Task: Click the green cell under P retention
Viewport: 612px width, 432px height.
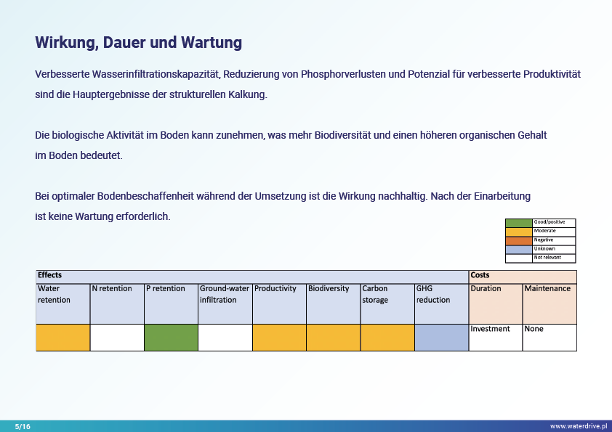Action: pos(171,338)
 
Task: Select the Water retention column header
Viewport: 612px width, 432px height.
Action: pos(63,303)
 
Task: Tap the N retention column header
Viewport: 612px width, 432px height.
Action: pos(117,303)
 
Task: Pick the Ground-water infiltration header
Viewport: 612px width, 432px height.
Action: pos(225,303)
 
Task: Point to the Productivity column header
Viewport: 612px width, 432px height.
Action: pos(279,303)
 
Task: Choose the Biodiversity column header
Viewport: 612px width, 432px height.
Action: pos(334,303)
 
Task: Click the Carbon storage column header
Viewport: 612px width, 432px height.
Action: pos(387,303)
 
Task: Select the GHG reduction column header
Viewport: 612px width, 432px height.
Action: pos(441,303)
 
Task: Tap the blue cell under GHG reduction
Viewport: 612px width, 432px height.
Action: pos(441,338)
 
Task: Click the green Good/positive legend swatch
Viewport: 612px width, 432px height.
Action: pos(519,223)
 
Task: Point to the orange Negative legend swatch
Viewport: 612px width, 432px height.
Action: pos(519,240)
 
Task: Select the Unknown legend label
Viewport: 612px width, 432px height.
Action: pos(544,249)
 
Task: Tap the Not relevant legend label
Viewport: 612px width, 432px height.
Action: pos(547,257)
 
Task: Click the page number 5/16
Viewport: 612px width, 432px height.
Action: pos(23,426)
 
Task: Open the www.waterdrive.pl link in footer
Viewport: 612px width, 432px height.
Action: pos(579,426)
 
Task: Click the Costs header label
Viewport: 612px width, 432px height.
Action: pos(480,275)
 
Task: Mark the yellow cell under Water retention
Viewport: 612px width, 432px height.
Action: pos(63,338)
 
